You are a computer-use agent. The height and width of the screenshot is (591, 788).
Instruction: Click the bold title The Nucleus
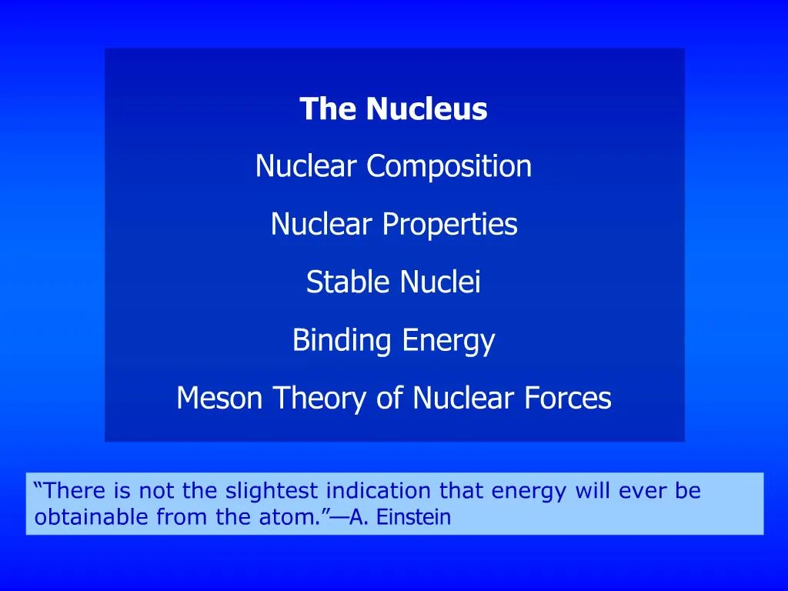click(x=393, y=109)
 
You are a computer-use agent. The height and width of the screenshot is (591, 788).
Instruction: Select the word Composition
click(x=449, y=166)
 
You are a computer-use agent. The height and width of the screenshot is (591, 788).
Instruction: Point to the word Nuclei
click(x=440, y=282)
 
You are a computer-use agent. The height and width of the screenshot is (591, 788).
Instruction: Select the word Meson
click(x=221, y=399)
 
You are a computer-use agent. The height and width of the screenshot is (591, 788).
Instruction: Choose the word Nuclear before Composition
click(x=307, y=166)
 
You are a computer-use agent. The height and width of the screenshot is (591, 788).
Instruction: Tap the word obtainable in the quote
click(x=92, y=518)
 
